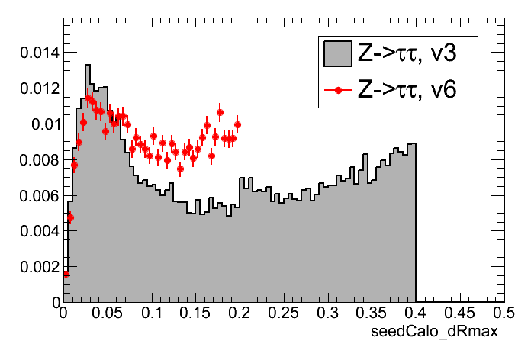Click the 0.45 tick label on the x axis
pos(459,313)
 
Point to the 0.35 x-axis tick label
pos(372,313)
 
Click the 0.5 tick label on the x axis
pos(502,313)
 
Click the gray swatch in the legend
pos(337,53)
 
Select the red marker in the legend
pos(337,90)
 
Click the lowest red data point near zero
pos(66,275)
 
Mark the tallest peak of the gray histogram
pos(88,66)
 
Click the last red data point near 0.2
pos(237,124)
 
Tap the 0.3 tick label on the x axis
pos(328,313)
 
